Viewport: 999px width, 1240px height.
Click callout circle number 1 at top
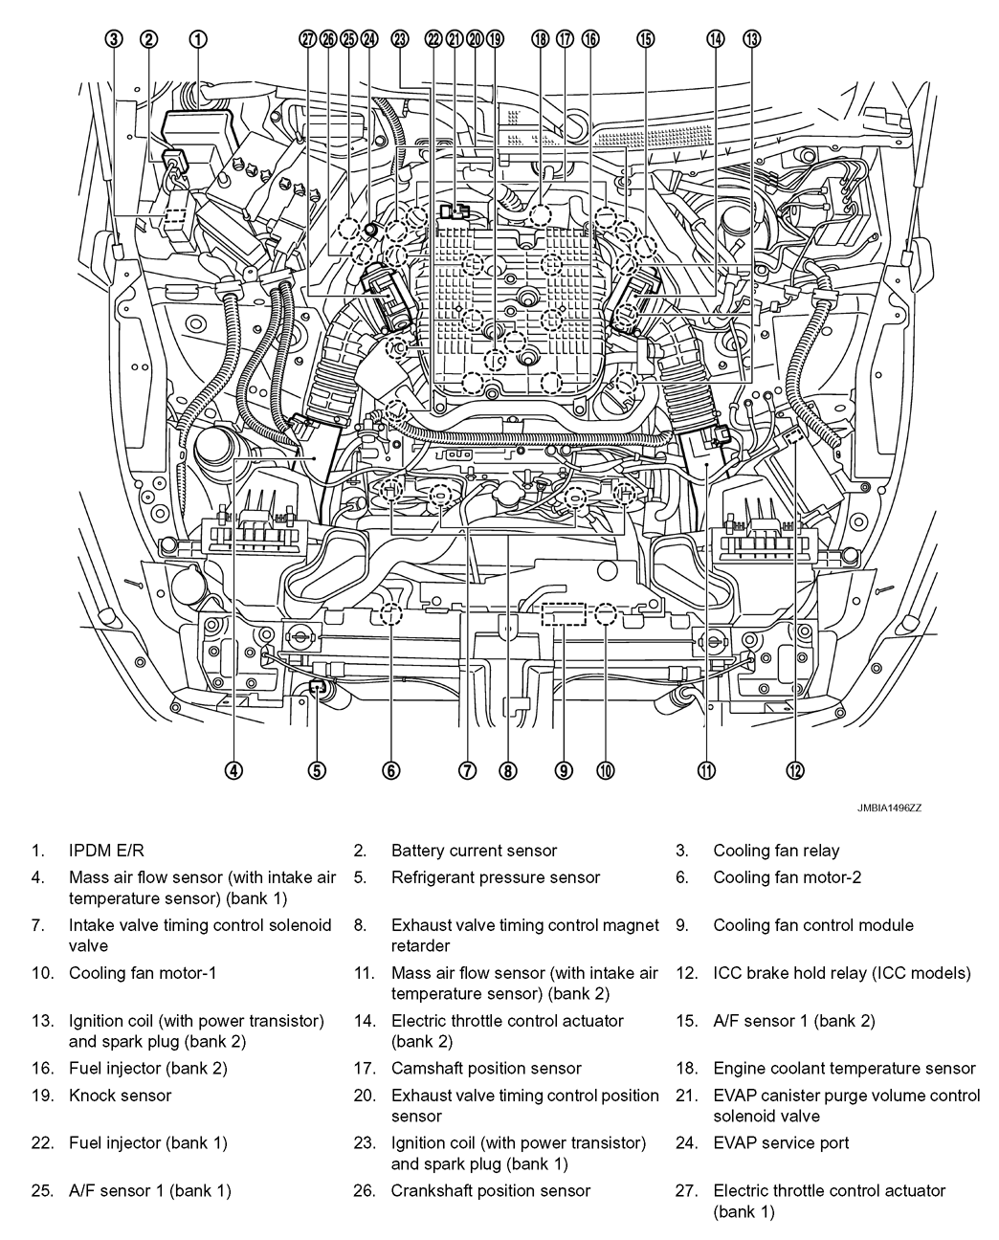198,39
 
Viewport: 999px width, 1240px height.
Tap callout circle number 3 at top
114,39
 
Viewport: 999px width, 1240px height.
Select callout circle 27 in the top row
307,39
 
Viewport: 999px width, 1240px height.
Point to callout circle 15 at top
646,39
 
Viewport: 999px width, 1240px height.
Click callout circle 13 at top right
751,39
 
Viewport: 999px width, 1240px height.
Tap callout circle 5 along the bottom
318,769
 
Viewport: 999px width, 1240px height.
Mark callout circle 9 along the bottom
564,769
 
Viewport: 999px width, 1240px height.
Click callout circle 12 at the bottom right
796,769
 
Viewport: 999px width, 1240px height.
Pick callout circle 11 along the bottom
706,769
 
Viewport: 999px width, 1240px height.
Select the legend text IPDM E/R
107,851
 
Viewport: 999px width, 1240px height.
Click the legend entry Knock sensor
120,1096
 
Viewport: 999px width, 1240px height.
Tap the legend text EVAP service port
781,1142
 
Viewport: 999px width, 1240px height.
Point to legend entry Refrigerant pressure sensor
496,877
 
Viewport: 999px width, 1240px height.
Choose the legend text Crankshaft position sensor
490,1191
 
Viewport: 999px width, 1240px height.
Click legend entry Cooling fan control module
813,925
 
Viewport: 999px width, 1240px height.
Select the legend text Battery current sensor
474,851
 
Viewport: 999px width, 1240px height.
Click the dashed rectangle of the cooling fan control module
564,614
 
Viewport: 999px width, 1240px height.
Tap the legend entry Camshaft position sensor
486,1069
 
